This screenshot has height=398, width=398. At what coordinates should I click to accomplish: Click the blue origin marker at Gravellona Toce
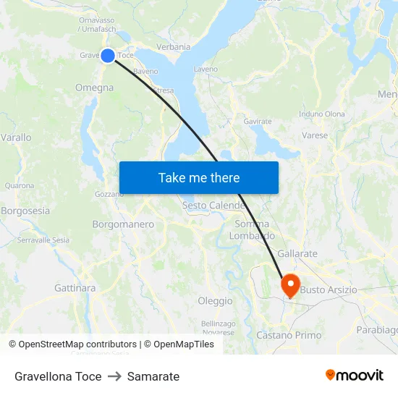click(107, 56)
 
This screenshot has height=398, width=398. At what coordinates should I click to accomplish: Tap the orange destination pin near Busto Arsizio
click(291, 284)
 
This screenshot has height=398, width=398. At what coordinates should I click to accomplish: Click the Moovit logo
click(355, 376)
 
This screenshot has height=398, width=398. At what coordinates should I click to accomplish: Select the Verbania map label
click(173, 47)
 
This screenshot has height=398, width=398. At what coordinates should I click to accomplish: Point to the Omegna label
click(94, 88)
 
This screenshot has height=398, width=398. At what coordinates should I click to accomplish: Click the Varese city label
click(315, 135)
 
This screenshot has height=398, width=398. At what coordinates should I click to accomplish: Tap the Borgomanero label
click(123, 224)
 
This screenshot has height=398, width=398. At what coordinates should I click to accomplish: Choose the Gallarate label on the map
click(297, 254)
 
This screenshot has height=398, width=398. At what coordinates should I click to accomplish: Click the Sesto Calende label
click(213, 206)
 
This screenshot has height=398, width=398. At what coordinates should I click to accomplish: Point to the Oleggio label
click(216, 301)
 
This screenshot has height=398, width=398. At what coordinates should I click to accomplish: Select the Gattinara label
click(75, 288)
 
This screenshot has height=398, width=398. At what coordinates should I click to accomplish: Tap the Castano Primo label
click(289, 335)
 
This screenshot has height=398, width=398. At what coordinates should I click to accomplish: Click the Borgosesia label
click(26, 211)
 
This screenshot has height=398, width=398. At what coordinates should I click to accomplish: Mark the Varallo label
click(16, 137)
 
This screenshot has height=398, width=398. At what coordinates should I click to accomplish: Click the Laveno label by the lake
click(206, 69)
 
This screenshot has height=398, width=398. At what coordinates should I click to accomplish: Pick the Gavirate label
click(258, 122)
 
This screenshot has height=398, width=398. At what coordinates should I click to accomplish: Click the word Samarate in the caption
click(153, 376)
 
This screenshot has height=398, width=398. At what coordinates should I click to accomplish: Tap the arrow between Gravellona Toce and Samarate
click(114, 376)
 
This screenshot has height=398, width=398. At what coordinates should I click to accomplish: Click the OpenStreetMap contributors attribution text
click(77, 344)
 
